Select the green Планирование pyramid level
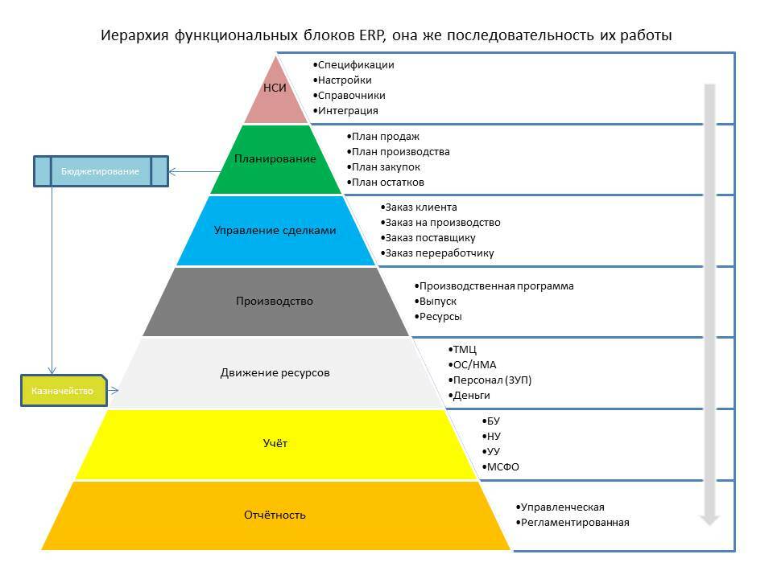[275, 158]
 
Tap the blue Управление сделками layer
[275, 230]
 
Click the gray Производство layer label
[275, 302]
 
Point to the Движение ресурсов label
[275, 373]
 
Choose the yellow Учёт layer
[275, 444]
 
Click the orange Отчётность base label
[275, 515]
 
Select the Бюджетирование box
[101, 171]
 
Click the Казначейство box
[63, 391]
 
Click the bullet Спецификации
[355, 65]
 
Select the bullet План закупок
[386, 167]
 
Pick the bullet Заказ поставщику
[430, 238]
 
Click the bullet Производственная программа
[496, 286]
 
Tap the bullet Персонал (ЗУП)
[492, 380]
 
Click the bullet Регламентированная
[575, 523]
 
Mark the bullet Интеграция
[347, 111]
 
